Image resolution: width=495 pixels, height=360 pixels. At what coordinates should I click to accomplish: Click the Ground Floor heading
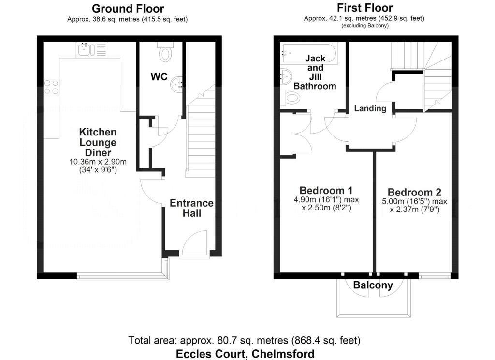128,9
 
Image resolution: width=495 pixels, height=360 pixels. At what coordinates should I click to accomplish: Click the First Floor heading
364,8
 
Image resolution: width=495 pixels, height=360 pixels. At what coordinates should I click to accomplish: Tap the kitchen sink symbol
92,50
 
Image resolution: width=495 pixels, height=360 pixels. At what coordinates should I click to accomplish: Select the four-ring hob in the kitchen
51,87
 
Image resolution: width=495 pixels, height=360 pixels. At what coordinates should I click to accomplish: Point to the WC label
159,77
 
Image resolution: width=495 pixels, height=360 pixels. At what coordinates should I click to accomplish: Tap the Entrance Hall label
191,208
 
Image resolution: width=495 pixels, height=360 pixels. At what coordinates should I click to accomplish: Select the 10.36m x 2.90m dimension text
98,162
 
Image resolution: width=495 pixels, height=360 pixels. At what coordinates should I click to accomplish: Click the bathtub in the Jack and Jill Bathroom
309,53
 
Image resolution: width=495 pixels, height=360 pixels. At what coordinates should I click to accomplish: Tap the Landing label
370,108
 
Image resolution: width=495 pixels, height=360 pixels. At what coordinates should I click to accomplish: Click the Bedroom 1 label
326,190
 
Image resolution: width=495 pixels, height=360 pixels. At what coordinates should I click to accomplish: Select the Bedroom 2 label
414,192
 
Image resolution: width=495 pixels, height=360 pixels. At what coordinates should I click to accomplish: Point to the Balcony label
373,285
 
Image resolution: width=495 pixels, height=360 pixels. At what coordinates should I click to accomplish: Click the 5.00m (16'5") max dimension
414,201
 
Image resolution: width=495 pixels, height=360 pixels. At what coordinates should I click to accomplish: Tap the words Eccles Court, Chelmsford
245,353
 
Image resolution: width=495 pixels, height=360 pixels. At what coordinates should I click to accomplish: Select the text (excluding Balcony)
364,26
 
